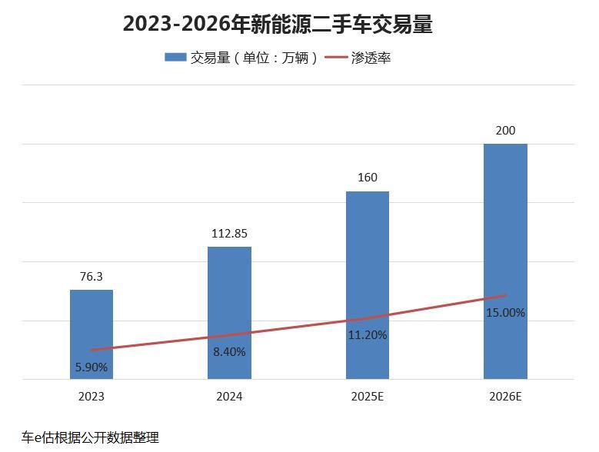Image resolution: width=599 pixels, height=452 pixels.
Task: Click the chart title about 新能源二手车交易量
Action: tap(278, 24)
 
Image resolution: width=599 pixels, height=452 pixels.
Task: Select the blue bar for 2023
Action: tap(92, 323)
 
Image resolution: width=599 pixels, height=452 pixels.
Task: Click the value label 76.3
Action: tap(91, 277)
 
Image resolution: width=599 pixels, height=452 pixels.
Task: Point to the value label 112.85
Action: tap(229, 234)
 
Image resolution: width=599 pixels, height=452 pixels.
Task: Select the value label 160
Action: tap(368, 178)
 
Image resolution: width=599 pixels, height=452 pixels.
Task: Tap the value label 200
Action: tap(505, 131)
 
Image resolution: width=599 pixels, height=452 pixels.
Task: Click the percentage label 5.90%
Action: tap(92, 367)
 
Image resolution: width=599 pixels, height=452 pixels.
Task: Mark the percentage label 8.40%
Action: tap(229, 352)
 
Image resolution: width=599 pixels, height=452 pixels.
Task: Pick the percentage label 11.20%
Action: tap(368, 335)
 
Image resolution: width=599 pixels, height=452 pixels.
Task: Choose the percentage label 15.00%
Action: tap(505, 313)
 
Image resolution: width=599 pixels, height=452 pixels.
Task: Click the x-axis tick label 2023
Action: tap(92, 397)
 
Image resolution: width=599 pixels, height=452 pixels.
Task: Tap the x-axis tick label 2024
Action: tap(229, 397)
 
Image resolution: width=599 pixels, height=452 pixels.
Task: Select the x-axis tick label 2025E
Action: tap(368, 397)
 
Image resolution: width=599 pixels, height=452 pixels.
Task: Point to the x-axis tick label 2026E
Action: tap(505, 397)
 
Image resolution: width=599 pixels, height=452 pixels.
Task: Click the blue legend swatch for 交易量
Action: tap(175, 58)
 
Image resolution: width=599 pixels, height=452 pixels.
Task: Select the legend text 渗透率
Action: tap(371, 58)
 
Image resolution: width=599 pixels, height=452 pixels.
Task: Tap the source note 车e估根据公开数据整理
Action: tap(90, 437)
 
